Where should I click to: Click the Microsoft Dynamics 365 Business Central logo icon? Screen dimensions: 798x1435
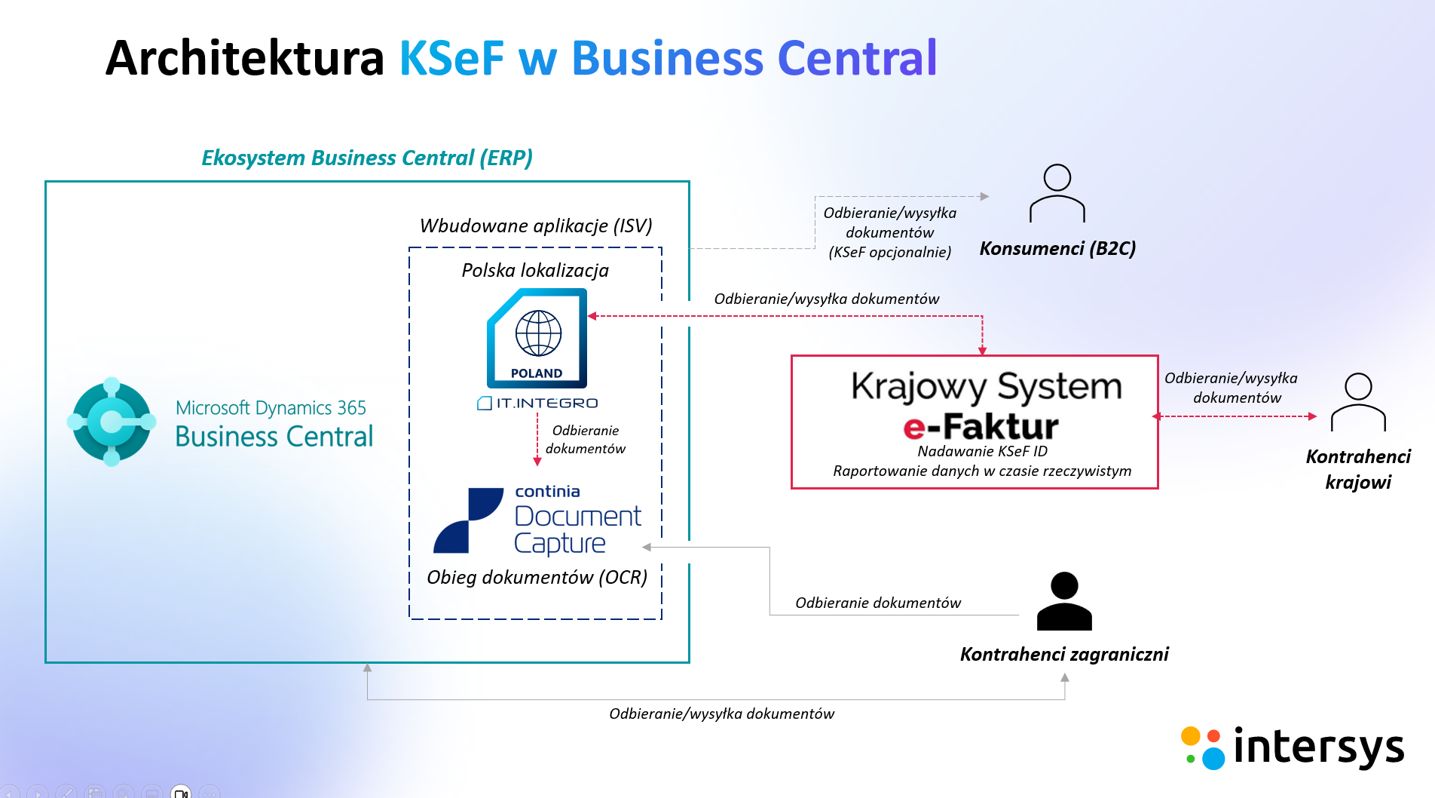click(x=112, y=421)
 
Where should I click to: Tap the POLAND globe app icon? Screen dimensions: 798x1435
click(x=537, y=339)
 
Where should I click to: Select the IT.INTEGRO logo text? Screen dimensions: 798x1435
click(x=538, y=404)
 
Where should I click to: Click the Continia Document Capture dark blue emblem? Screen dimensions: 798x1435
click(x=468, y=520)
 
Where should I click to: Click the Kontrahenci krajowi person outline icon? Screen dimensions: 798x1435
click(x=1358, y=402)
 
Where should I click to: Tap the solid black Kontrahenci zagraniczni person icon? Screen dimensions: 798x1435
click(x=1064, y=601)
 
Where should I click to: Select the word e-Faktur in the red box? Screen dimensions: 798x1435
click(x=981, y=427)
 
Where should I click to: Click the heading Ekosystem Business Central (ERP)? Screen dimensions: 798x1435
click(x=366, y=158)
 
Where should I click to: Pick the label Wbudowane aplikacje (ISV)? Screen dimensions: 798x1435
click(x=536, y=226)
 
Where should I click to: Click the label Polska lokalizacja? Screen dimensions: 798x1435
click(x=535, y=270)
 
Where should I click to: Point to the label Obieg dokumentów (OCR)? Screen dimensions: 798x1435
click(x=537, y=577)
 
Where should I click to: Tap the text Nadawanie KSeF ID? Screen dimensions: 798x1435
click(x=982, y=451)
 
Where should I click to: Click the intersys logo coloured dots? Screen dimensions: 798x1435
click(x=1202, y=747)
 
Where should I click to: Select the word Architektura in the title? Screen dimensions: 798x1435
click(x=245, y=58)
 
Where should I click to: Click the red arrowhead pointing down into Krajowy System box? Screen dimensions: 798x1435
click(x=982, y=350)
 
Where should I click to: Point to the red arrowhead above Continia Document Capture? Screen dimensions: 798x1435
click(x=537, y=461)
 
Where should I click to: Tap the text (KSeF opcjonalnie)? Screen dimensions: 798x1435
click(x=889, y=252)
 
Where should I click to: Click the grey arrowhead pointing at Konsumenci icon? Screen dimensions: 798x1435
click(x=984, y=196)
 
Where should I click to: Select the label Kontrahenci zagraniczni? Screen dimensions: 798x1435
click(x=1064, y=654)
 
